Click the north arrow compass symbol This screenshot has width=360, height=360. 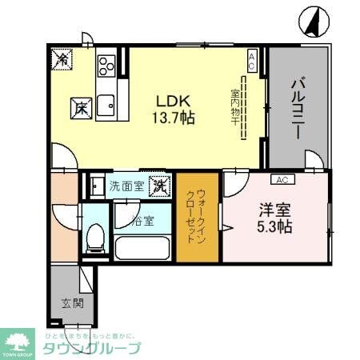click(x=314, y=22)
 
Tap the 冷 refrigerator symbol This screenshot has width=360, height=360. click(x=62, y=58)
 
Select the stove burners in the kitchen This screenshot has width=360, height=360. click(x=106, y=66)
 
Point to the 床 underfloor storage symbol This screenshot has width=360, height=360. click(x=81, y=106)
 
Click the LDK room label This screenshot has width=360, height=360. click(x=170, y=101)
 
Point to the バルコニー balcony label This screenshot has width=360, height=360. click(x=298, y=107)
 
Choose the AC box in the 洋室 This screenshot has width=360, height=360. click(x=281, y=179)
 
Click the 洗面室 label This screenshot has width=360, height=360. click(x=126, y=186)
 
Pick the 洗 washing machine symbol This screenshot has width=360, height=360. click(x=159, y=186)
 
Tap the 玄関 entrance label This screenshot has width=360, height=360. click(x=71, y=303)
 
